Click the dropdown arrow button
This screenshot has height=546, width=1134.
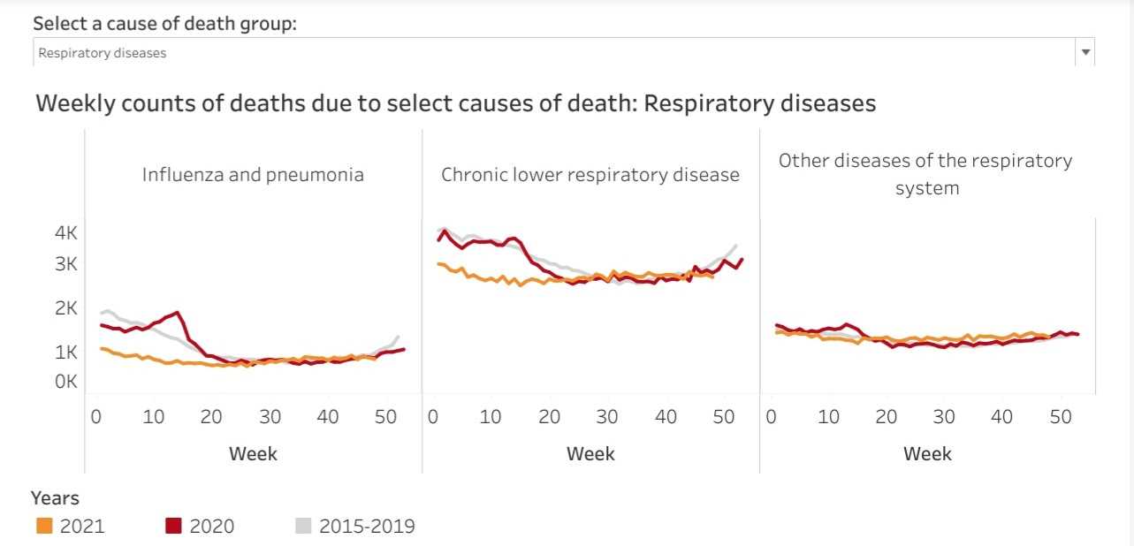pos(1085,52)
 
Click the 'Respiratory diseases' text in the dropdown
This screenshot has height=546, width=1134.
pos(103,53)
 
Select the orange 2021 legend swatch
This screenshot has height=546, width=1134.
pos(44,526)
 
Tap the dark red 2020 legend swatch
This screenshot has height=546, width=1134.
pos(173,526)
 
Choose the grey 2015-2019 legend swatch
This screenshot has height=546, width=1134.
pos(302,526)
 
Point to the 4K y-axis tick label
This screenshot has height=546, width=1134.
pos(66,233)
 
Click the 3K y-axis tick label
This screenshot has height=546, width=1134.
pos(66,263)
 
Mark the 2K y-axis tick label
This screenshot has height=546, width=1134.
pos(66,307)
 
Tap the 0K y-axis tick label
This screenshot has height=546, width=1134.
pos(66,382)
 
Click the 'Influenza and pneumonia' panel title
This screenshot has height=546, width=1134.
pos(253,174)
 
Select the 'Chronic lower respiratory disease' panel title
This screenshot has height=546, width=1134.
pos(590,174)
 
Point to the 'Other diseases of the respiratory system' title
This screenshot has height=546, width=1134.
pos(925,174)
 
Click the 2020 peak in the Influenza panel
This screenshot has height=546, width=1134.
pos(179,312)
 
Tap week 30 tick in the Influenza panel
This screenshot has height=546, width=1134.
pos(270,416)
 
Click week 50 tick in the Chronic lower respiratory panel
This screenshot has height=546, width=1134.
pos(723,416)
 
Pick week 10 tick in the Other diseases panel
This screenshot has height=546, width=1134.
pos(829,416)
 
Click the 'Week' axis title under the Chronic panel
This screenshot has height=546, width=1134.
pos(590,454)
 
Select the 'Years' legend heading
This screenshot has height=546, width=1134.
pos(55,498)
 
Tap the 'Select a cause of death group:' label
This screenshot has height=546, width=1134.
pos(164,23)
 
